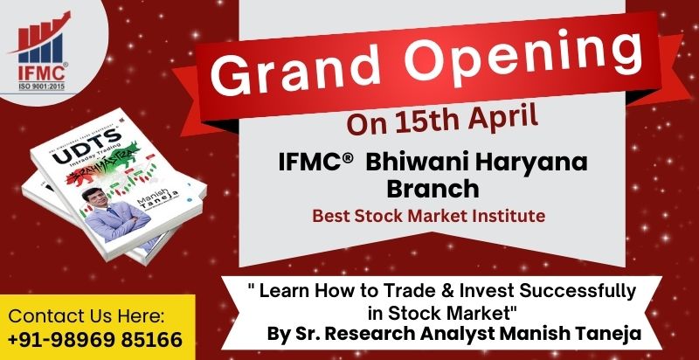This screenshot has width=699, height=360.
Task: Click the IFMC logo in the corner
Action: click(42, 44)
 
